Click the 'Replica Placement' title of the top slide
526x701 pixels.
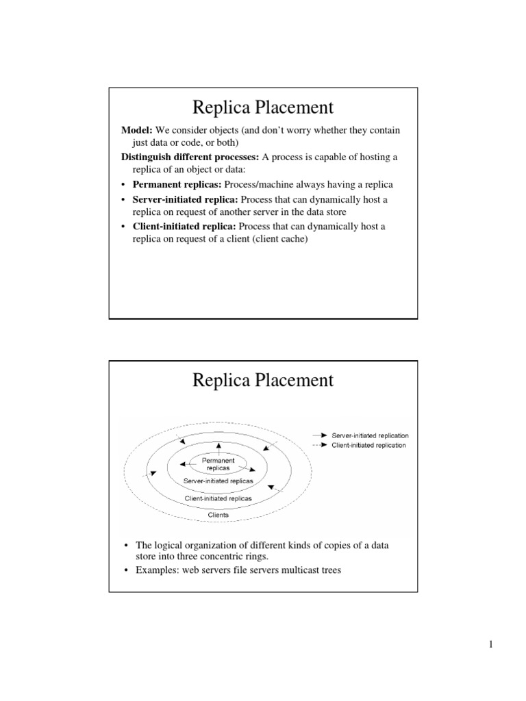click(263, 107)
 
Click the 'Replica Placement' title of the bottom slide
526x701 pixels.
click(263, 380)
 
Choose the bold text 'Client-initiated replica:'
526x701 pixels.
click(184, 227)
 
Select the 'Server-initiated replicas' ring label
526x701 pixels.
click(218, 481)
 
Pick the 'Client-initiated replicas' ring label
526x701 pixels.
click(218, 498)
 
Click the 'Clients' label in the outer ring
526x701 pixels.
click(218, 515)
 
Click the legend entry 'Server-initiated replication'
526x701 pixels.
click(370, 435)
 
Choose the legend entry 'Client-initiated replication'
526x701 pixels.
click(368, 445)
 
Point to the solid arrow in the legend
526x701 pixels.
click(319, 435)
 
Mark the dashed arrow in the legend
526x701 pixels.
click(319, 445)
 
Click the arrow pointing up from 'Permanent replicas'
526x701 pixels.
click(218, 448)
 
